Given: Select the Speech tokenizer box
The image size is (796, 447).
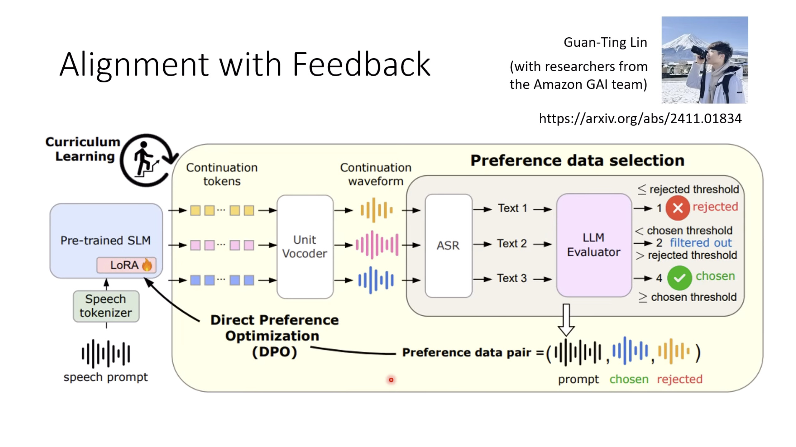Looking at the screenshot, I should tap(106, 306).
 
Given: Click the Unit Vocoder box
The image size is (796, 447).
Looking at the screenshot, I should tap(305, 247).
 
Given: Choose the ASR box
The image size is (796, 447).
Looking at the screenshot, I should tap(448, 245).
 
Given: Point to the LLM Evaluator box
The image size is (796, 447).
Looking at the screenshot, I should tap(594, 245).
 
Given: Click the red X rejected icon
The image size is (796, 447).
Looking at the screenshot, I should tap(677, 208).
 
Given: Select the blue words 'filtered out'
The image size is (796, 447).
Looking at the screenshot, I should tap(700, 243).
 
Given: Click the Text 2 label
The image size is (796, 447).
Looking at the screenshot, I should tap(512, 244).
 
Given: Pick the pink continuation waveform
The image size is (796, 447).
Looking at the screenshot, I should tap(377, 245).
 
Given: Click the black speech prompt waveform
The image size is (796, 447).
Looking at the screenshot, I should tap(106, 353).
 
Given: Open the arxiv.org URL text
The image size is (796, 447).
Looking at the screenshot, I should tap(640, 118).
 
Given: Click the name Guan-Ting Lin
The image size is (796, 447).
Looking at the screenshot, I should tap(605, 42).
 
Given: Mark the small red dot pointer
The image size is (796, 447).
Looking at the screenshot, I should tap(391, 380).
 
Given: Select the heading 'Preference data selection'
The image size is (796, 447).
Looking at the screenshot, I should tap(577, 160).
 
